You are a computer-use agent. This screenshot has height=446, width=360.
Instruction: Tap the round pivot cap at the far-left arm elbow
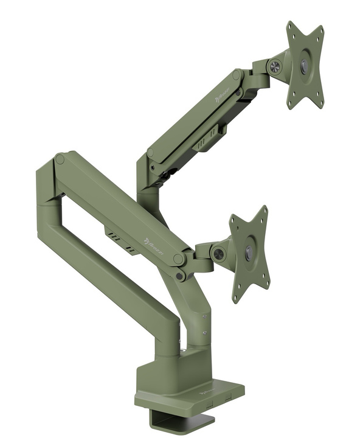[60, 159]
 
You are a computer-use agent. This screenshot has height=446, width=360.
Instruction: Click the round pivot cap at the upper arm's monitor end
[236, 75]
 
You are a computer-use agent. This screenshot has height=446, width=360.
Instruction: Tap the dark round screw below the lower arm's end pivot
[180, 276]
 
